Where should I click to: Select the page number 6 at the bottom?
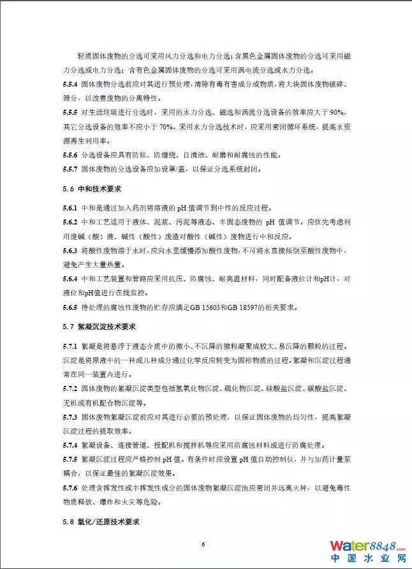[x=203, y=544]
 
